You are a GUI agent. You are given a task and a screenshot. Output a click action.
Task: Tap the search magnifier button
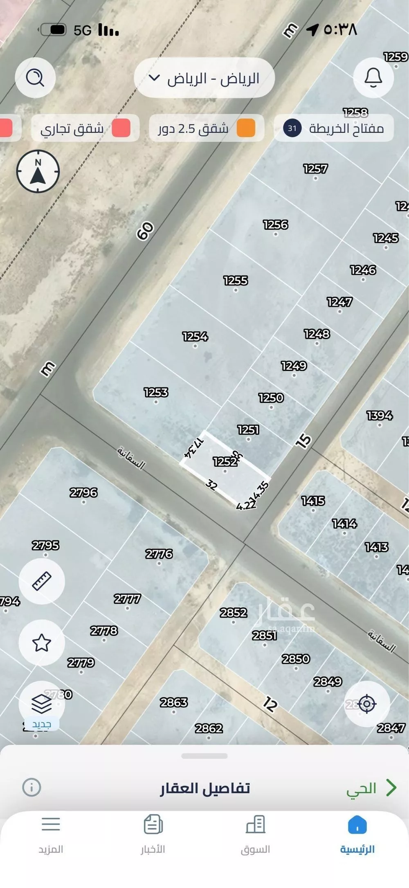point(35,77)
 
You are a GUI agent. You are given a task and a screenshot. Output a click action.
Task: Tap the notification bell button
point(373,77)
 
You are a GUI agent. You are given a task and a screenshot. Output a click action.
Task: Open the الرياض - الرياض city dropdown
point(204,78)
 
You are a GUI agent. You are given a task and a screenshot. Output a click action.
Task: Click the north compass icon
point(38,172)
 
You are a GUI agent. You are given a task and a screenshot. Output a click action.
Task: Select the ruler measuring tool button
point(42,581)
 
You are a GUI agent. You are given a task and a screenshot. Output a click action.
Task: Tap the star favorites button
point(42,643)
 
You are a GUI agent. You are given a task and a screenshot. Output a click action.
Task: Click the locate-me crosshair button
point(366,704)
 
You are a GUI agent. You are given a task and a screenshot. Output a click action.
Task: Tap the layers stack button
point(42,704)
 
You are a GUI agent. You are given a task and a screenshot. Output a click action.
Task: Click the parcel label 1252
point(225,462)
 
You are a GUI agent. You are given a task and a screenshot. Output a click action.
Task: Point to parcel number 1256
point(276,225)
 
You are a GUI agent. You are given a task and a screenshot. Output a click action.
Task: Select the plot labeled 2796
point(83,492)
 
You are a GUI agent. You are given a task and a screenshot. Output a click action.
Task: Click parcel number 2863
point(174,702)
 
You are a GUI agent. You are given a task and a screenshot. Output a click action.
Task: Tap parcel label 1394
point(380,416)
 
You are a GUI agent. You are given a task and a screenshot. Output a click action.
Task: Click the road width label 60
point(145,231)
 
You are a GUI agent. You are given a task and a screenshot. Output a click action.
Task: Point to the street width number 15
point(303,441)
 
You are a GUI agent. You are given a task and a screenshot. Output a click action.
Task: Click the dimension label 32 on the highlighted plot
point(211,485)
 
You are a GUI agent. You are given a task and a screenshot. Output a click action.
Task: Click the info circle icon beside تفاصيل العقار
point(31,787)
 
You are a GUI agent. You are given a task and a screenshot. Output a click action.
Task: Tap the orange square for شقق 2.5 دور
point(245,128)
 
